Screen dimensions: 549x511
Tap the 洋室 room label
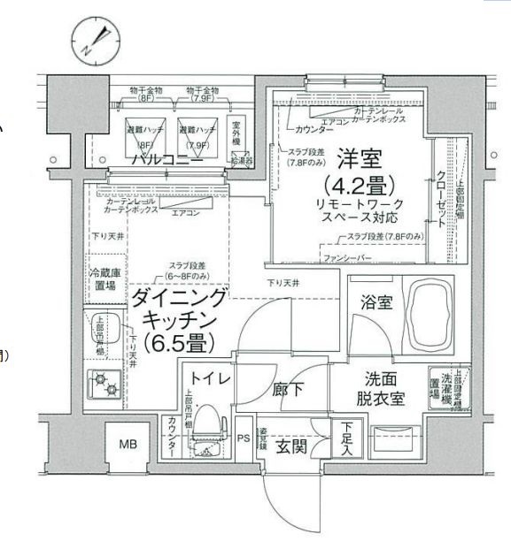click(360, 162)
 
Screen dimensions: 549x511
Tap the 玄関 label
click(290, 447)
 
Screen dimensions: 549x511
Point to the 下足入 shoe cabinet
click(346, 438)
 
